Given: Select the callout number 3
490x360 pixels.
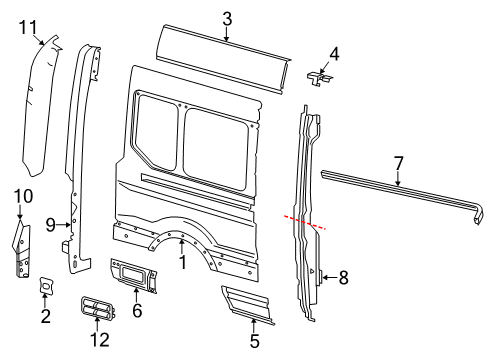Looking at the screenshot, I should click(226, 18).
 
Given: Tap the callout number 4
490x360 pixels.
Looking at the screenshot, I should click(334, 54).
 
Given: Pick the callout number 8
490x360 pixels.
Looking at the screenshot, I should click(343, 278).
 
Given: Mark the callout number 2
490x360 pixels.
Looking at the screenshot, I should click(45, 318).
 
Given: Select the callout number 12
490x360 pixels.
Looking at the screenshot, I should click(99, 340).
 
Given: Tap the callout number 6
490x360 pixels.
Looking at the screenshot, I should click(137, 311).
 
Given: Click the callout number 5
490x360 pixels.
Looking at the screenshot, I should click(253, 340).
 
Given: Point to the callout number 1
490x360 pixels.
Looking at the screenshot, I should click(182, 263).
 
